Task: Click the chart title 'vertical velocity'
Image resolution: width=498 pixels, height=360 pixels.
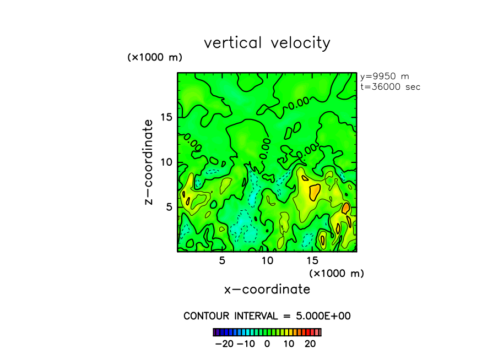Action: (x=267, y=43)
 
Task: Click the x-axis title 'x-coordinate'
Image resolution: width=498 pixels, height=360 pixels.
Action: (x=267, y=290)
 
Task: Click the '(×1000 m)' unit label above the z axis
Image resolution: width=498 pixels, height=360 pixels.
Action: (x=155, y=57)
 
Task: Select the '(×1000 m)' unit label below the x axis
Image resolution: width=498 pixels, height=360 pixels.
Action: (x=336, y=273)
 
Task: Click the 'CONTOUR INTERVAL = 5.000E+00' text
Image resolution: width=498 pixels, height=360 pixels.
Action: (x=267, y=316)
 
